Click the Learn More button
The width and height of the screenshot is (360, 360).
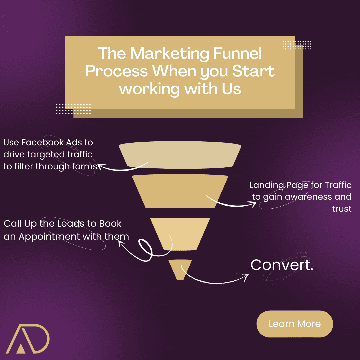[295, 324]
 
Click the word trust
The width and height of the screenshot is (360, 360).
[342, 209]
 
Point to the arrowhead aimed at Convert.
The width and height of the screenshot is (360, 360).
[247, 275]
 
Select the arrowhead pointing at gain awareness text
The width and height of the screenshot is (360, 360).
[254, 204]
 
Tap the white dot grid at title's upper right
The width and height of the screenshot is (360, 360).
[297, 45]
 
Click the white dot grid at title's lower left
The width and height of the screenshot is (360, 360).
[73, 109]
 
